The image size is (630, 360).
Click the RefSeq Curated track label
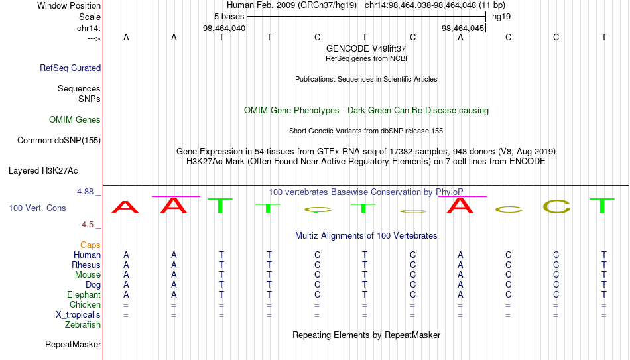pos(70,68)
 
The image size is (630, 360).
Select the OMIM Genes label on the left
pos(75,120)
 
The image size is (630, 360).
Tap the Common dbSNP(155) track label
pos(59,141)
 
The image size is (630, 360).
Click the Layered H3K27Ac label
pos(43,171)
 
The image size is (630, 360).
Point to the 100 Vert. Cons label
pos(37,208)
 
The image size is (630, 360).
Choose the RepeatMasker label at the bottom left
pos(73,344)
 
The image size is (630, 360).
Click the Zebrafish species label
pos(83,324)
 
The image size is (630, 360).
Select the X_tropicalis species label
pos(78,315)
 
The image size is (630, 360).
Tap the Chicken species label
pos(85,304)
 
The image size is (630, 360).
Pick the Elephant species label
pos(84,295)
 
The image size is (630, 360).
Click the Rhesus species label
pos(86,265)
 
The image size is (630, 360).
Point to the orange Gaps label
pos(90,245)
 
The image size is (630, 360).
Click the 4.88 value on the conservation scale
pos(85,192)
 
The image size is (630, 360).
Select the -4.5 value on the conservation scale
pos(86,225)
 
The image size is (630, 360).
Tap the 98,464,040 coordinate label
pos(224,28)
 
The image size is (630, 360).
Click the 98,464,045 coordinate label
pos(463,28)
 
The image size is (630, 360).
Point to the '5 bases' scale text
pos(229,17)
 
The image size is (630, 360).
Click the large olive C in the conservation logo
pos(556,206)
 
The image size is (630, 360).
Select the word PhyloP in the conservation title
pos(450,192)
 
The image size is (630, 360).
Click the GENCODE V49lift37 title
pos(366,48)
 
